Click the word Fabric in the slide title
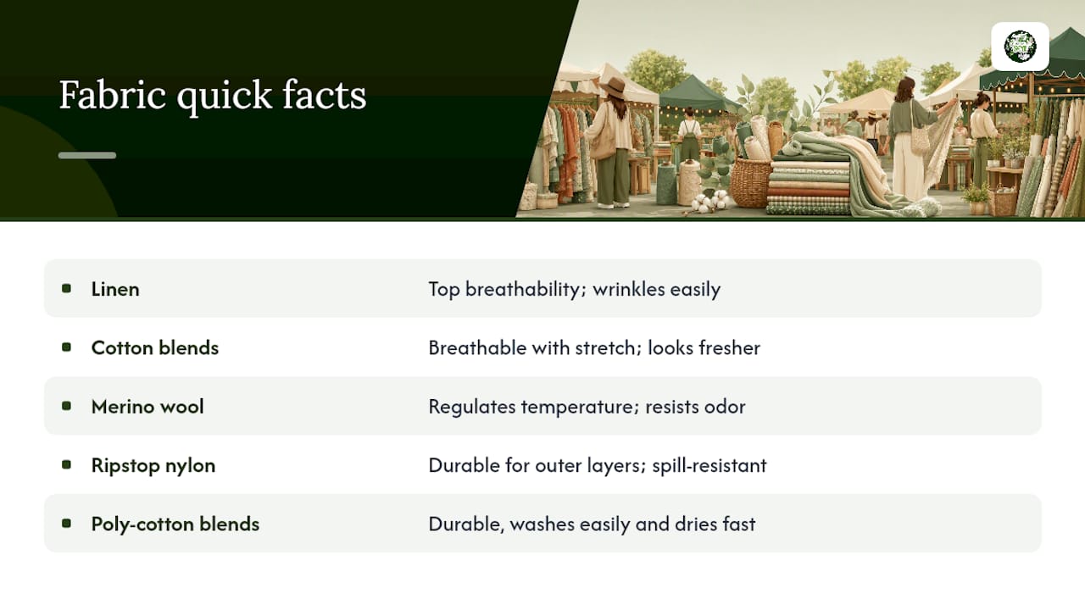point(113,95)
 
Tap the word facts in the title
point(324,95)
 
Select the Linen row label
point(115,289)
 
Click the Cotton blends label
point(155,347)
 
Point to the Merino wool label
point(147,407)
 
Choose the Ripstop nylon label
point(153,466)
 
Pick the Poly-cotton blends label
point(175,524)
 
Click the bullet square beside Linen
point(66,289)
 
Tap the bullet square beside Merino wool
point(66,406)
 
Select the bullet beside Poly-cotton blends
point(66,524)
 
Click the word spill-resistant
point(709,466)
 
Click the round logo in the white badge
point(1020,47)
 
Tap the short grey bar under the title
point(87,155)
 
